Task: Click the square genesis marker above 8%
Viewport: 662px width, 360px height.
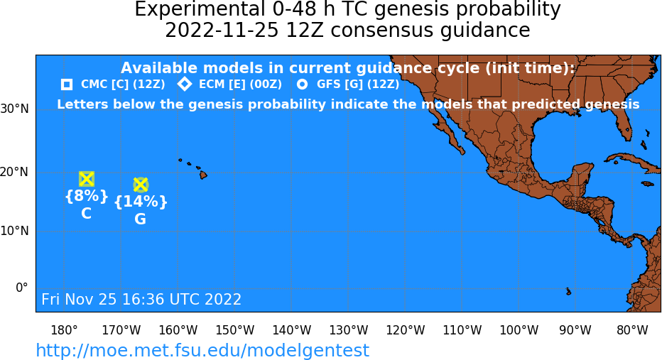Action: click(x=87, y=180)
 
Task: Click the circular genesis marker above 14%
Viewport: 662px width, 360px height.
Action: click(x=141, y=185)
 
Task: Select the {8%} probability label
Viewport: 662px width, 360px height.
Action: click(x=87, y=196)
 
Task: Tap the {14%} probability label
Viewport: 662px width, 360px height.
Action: click(x=141, y=202)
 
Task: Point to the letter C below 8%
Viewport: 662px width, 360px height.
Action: click(x=86, y=214)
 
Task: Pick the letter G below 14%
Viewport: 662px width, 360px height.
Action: click(x=140, y=219)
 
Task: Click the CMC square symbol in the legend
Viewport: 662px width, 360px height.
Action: click(x=67, y=84)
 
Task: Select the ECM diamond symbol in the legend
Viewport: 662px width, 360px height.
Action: click(x=185, y=84)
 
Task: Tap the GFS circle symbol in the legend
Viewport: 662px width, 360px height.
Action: click(x=303, y=84)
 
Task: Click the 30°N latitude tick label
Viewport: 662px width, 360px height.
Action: click(x=15, y=109)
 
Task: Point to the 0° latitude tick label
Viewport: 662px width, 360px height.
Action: click(x=22, y=288)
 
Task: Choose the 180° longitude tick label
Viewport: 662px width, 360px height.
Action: click(x=64, y=330)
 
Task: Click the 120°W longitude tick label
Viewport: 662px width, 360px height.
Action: click(x=406, y=330)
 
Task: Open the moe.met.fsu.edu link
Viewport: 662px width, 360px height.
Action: click(x=202, y=351)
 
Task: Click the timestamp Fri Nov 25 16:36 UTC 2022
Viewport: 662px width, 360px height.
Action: click(x=141, y=299)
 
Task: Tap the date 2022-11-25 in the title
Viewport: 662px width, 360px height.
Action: click(x=222, y=31)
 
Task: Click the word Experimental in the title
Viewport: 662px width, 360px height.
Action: click(x=197, y=9)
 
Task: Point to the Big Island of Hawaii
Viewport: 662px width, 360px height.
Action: click(x=203, y=174)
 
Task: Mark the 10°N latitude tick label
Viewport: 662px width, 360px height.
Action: click(x=15, y=231)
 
